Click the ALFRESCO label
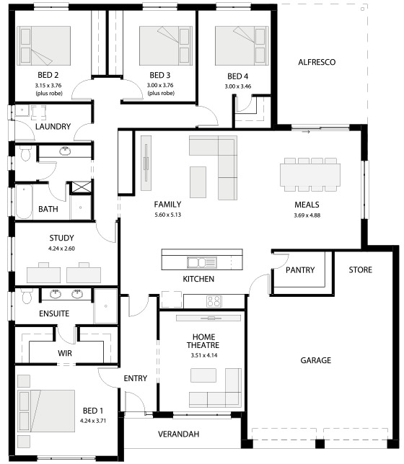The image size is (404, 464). pos(317,62)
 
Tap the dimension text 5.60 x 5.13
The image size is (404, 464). pos(167,215)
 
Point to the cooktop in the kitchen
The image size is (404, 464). pos(214,301)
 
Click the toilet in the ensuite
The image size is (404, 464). pos(27,297)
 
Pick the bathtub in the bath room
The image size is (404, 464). pos(24,202)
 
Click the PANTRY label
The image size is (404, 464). pos(300,270)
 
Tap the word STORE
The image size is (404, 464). pos(360,270)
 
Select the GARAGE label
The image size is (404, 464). pos(316,360)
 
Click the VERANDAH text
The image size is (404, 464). pos(178,434)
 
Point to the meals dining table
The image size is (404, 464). pos(310,174)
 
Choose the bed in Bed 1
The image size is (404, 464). pos(46,411)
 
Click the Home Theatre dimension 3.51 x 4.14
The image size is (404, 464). pos(204,355)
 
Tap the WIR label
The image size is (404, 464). pos(65,353)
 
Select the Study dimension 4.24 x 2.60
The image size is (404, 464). pos(61,249)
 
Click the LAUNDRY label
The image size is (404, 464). pos(53,127)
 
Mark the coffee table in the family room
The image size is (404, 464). pos(198,182)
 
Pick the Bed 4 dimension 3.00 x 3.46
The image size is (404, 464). pos(238,86)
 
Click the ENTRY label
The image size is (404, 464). pos(135,378)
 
